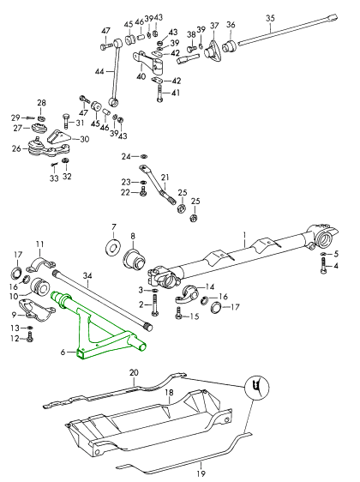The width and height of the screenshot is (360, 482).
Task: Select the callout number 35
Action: tap(270, 18)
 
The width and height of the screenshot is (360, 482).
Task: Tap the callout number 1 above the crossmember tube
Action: tap(245, 236)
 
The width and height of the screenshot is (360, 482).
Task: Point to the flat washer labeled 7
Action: tap(113, 246)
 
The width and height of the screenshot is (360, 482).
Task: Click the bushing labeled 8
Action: tap(135, 260)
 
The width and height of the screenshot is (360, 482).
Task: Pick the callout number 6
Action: tap(63, 352)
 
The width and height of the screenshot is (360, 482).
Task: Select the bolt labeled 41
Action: tap(159, 93)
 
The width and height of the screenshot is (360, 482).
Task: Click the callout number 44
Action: tap(99, 71)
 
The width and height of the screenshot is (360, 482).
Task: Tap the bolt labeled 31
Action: tap(67, 122)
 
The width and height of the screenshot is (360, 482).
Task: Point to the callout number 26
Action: tap(16, 148)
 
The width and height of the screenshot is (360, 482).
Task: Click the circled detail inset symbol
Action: tap(257, 387)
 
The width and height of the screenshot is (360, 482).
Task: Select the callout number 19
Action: tap(201, 473)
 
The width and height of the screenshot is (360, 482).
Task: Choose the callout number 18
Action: tap(169, 393)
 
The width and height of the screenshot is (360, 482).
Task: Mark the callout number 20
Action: tap(134, 372)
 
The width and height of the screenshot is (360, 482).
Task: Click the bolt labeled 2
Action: tap(154, 305)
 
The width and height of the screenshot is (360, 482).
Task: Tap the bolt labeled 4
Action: tap(323, 266)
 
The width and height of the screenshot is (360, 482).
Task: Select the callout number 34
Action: tap(87, 276)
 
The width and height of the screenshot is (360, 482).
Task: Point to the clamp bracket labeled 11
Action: tap(40, 264)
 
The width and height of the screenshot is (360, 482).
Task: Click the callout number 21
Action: tap(165, 178)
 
